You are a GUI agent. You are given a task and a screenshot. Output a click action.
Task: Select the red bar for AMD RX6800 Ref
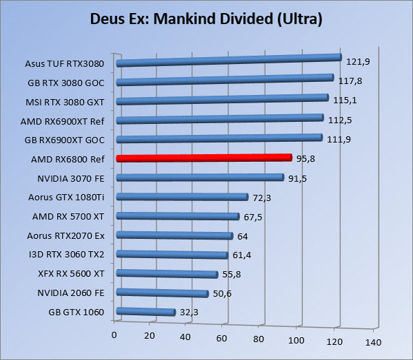204,158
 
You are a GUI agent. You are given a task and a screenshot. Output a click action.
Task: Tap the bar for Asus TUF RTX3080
229,61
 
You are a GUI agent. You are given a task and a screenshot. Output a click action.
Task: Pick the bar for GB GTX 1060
146,312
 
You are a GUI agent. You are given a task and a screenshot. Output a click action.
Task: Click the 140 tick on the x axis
372,341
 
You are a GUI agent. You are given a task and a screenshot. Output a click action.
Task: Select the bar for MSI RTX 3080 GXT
222,100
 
